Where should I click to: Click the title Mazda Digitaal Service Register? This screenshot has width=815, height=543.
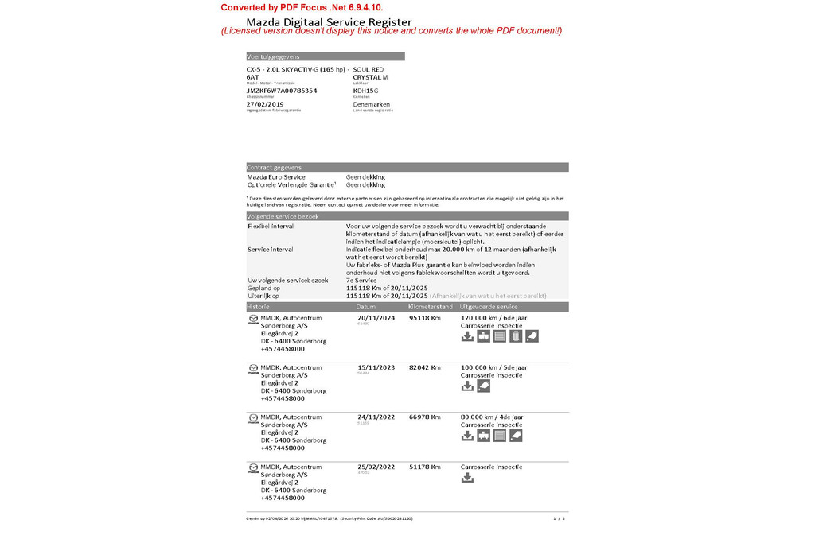pyautogui.click(x=329, y=21)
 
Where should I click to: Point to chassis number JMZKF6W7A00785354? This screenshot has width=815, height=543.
pyautogui.click(x=282, y=91)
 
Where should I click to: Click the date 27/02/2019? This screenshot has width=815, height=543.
pyautogui.click(x=265, y=104)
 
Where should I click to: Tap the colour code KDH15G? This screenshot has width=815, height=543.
pyautogui.click(x=366, y=91)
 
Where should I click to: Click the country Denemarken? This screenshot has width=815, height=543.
pyautogui.click(x=371, y=104)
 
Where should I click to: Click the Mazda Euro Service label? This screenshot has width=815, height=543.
pyautogui.click(x=276, y=177)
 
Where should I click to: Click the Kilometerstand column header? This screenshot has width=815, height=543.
pyautogui.click(x=430, y=307)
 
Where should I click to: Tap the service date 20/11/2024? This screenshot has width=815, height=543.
pyautogui.click(x=376, y=318)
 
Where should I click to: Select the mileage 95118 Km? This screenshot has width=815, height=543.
pyautogui.click(x=424, y=318)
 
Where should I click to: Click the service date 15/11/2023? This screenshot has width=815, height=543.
pyautogui.click(x=376, y=367)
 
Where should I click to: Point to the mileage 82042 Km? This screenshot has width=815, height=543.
pyautogui.click(x=424, y=367)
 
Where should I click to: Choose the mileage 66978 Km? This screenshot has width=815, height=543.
pyautogui.click(x=424, y=417)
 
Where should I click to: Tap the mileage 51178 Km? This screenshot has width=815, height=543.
pyautogui.click(x=424, y=467)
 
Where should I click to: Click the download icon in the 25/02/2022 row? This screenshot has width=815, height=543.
pyautogui.click(x=468, y=478)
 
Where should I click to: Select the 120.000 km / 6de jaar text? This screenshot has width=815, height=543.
pyautogui.click(x=493, y=318)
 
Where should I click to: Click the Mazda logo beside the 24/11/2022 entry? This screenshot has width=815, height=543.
pyautogui.click(x=253, y=418)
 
